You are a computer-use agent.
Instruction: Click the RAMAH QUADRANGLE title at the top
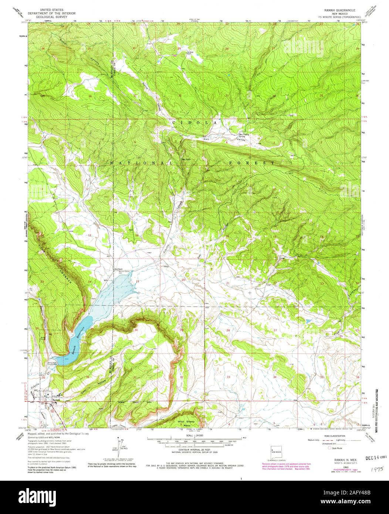coord(338,8)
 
